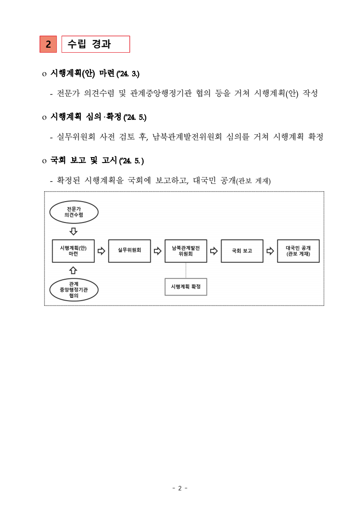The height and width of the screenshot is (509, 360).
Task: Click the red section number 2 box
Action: [x=48, y=44]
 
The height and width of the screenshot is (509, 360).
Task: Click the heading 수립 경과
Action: [x=95, y=44]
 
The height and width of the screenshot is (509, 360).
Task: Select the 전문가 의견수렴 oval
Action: [x=74, y=212]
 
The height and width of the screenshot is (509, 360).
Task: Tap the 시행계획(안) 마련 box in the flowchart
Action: [x=74, y=251]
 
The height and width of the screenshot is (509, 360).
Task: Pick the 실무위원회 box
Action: [x=129, y=251]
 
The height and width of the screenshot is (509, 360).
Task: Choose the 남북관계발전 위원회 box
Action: [x=186, y=251]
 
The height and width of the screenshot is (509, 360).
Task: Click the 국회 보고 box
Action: [x=242, y=251]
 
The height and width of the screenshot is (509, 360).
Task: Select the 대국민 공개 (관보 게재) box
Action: [x=298, y=251]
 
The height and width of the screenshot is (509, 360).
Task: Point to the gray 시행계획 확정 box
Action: [x=186, y=287]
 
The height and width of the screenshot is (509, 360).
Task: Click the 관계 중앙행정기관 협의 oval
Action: [x=74, y=290]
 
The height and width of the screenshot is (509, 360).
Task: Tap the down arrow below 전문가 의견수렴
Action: [x=74, y=232]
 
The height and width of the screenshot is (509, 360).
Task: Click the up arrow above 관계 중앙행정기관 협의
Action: [x=74, y=270]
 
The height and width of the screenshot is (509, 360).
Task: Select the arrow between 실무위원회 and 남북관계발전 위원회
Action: [x=158, y=251]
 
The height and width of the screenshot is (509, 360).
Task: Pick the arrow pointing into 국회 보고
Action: [x=214, y=251]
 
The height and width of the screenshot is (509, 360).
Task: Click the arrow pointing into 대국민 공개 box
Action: [x=270, y=251]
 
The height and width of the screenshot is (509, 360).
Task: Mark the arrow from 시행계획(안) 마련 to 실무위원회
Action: [x=101, y=251]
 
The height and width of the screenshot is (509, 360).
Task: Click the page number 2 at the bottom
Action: [x=180, y=488]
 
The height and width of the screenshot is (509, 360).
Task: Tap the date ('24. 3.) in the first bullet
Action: [x=125, y=74]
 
